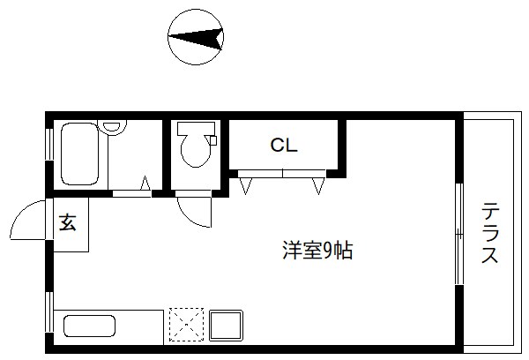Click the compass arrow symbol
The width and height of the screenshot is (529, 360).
197,37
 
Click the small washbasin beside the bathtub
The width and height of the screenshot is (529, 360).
111,127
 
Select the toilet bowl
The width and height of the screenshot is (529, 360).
195,151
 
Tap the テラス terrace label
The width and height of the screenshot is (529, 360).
490,234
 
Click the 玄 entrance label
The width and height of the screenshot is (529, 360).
68,223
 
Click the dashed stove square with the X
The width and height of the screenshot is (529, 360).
185,325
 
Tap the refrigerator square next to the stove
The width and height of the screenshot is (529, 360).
225,325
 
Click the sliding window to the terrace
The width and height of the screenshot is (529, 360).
458,233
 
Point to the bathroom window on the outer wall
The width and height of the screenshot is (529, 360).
50,145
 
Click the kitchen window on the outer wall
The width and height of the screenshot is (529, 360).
49,315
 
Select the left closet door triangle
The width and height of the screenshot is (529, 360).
246,185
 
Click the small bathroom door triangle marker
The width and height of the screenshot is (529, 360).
145,184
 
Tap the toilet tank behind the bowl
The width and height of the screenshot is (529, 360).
195,128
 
